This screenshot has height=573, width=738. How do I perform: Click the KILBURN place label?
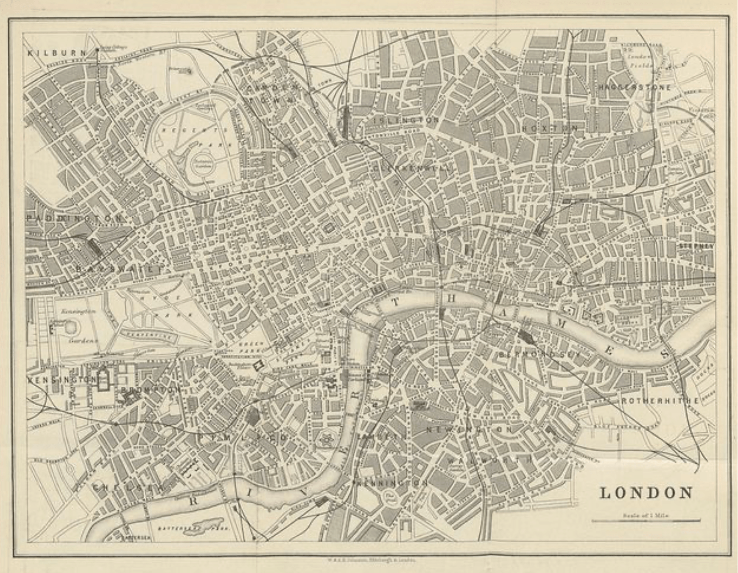tap(56, 53)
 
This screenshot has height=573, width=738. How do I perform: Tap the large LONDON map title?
tap(646, 493)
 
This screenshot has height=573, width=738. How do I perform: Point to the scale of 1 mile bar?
tap(646, 520)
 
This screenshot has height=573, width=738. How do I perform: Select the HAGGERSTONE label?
tap(635, 87)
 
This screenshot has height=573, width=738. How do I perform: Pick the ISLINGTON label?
tap(406, 121)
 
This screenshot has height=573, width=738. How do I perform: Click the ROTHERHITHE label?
tap(660, 401)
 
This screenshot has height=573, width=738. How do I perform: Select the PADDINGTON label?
tap(73, 219)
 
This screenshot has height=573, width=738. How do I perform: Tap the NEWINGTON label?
tap(469, 430)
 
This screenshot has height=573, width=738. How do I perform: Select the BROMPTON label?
tap(151, 389)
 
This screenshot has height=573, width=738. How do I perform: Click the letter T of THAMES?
tap(395, 302)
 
